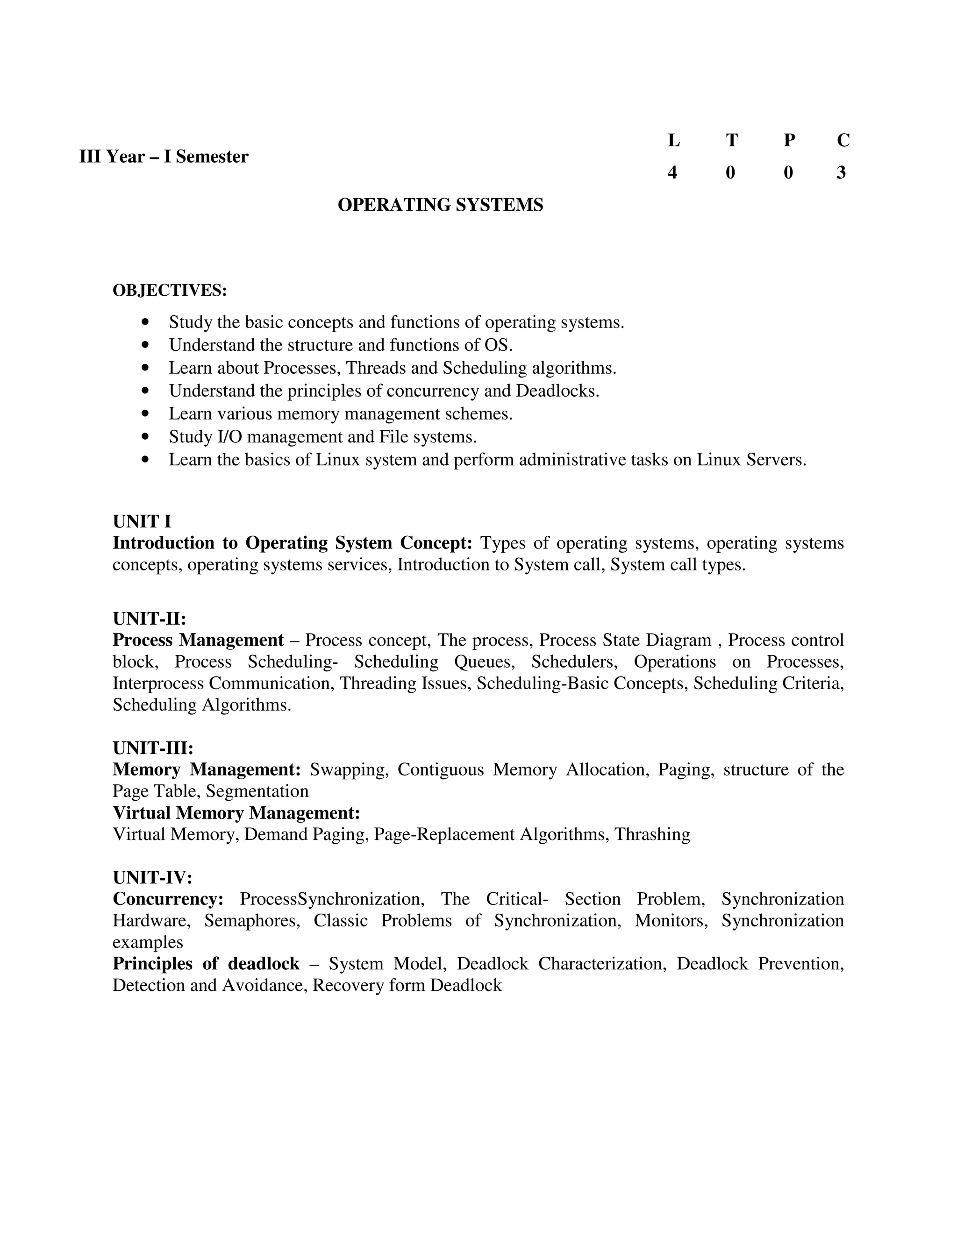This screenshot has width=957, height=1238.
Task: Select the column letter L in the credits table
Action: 673,140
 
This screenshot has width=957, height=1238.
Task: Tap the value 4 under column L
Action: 672,172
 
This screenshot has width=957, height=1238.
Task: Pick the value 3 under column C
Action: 841,172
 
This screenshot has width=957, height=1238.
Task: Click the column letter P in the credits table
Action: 789,140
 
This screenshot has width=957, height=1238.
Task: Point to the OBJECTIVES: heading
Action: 170,290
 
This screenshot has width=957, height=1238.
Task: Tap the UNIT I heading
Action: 142,521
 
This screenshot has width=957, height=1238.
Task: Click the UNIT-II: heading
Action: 150,618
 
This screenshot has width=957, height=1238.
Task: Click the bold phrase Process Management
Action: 198,640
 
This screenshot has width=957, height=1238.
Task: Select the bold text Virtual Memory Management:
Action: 236,813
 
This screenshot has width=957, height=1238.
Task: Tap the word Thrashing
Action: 652,834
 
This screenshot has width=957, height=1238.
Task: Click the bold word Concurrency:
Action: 168,899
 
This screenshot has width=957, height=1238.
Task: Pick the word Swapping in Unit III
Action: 349,770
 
